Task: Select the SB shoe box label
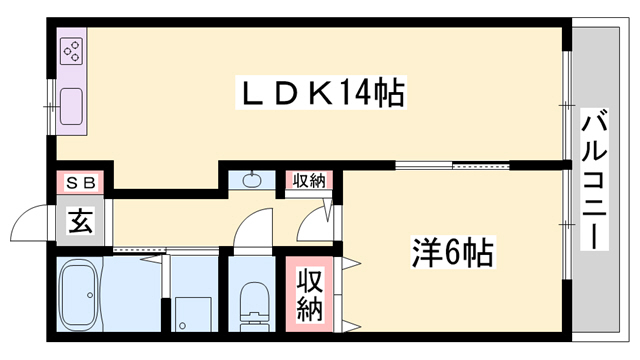coord(80,183)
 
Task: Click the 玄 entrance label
coord(80,222)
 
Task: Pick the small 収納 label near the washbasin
coord(308,181)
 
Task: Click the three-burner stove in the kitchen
coord(73,51)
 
